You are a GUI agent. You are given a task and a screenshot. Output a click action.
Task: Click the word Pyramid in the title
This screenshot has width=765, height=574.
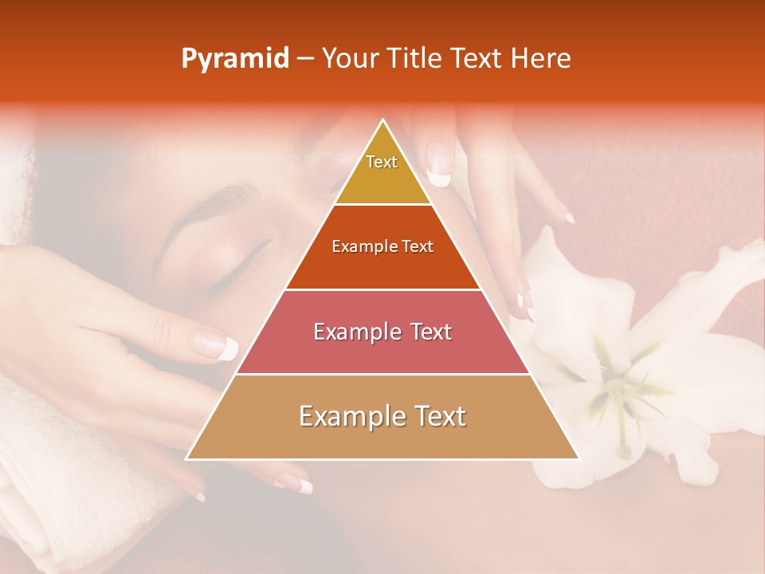tap(234, 59)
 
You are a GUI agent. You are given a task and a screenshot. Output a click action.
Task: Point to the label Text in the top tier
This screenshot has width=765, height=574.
tap(382, 162)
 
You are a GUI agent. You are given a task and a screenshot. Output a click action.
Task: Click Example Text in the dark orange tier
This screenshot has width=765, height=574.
tap(382, 246)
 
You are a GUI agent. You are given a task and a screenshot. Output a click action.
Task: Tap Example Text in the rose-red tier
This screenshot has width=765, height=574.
tap(382, 332)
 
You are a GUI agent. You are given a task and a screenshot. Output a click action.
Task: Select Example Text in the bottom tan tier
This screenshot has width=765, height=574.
tap(382, 416)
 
